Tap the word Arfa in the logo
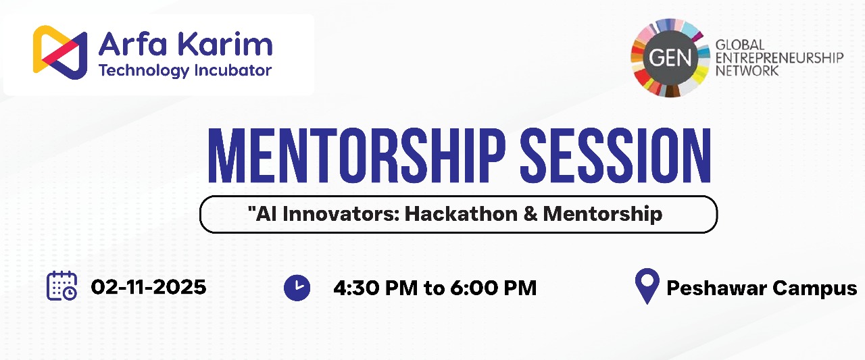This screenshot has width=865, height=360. coord(133,44)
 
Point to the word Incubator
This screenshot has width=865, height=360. coord(233,70)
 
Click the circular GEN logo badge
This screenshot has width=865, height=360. coord(670,58)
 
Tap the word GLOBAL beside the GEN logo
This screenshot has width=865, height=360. coord(740,45)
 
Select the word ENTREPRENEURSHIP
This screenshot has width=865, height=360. coord(779,58)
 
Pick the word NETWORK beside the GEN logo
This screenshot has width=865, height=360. coord(747,71)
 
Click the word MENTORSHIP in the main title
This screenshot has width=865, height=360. coord(356,155)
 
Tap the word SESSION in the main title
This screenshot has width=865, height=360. coord(616,155)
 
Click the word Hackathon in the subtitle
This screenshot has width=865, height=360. coord(461,213)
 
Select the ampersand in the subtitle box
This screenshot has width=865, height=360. coord(530,213)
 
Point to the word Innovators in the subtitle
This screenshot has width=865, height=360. coord(341,213)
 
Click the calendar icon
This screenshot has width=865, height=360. coord(61,286)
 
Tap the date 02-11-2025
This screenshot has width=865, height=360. coord(149,287)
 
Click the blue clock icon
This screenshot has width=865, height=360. coord(297,288)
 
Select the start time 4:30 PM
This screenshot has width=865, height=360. coord(375,288)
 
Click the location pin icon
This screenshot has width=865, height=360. coord(647,286)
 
